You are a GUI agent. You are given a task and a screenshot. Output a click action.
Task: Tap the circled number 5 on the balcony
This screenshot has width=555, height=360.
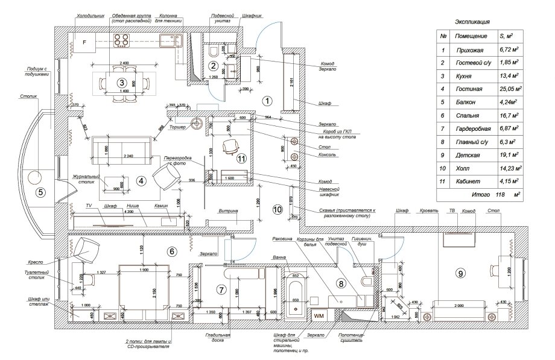click(x=40, y=193)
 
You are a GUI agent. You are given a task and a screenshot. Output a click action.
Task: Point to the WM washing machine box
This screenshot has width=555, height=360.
click(x=319, y=315)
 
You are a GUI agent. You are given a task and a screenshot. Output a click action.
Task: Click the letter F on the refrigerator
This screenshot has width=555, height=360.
click(x=84, y=42)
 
